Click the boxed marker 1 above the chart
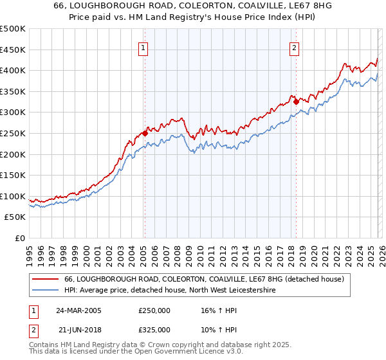[x=143, y=47]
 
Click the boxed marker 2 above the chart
[x=294, y=47]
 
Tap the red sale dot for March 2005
[x=145, y=134]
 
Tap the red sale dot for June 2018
[x=296, y=102]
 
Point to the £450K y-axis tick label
[x=13, y=50]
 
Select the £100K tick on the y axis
[x=13, y=196]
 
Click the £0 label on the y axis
[x=19, y=238]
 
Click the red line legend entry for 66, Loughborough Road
[x=205, y=280]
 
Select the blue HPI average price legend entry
[x=170, y=291]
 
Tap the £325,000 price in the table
[x=154, y=329]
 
